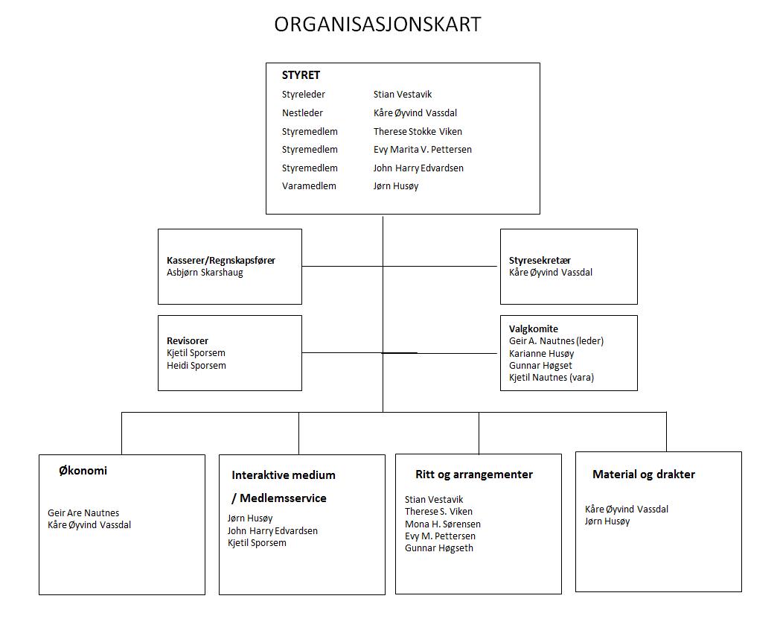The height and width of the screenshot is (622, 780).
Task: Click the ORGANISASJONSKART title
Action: [x=377, y=25]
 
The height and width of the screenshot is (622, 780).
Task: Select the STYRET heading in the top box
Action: [x=301, y=75]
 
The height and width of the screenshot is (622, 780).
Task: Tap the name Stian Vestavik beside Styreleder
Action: [x=403, y=94]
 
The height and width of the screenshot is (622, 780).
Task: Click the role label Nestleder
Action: [x=302, y=113]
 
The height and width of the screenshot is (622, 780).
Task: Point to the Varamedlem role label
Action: [x=309, y=185]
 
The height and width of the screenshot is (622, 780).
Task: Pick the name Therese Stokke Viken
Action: [x=418, y=131]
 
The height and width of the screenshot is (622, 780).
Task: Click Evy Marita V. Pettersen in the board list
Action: [x=422, y=150]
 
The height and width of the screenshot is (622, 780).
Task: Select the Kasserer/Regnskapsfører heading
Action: [x=221, y=261]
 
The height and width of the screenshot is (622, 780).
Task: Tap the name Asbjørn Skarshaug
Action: [x=205, y=273]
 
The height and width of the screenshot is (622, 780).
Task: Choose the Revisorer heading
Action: [x=188, y=341]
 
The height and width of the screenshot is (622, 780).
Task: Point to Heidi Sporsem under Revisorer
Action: [x=196, y=366]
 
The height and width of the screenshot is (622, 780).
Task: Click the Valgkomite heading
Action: [x=533, y=329]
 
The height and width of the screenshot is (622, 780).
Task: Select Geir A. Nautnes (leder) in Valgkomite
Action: [x=556, y=341]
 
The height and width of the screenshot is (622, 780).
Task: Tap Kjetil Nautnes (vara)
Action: [x=552, y=378]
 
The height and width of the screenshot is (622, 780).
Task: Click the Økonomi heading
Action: [x=83, y=471]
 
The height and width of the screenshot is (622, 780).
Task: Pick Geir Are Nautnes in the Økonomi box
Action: [x=83, y=513]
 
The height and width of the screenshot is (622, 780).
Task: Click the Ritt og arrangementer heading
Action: [x=474, y=475]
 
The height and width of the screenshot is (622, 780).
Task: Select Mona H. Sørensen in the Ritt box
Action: [x=443, y=524]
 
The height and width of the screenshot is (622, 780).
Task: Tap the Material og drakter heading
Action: [x=644, y=475]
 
